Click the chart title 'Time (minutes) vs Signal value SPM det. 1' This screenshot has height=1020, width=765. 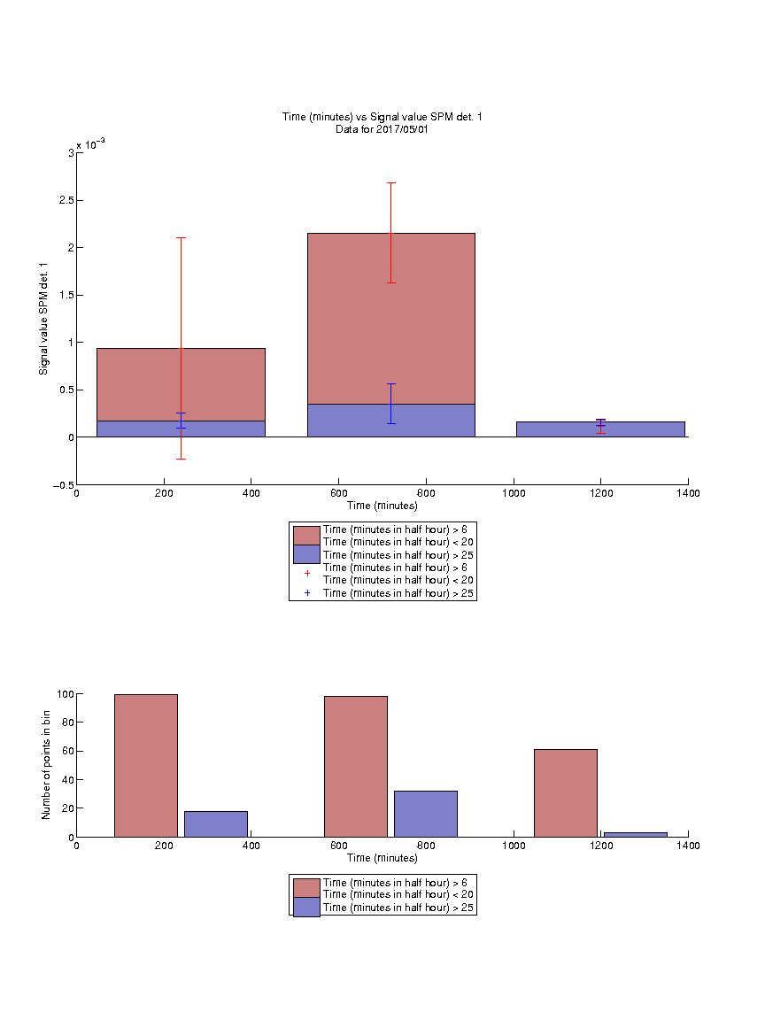(382, 117)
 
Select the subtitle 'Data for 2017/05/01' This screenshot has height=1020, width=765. (382, 129)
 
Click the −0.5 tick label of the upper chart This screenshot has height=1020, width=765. (64, 485)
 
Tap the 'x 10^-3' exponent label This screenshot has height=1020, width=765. (90, 144)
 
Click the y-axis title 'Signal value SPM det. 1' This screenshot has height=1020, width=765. (43, 319)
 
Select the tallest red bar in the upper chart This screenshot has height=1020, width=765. (391, 319)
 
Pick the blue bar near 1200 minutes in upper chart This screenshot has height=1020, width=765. (600, 429)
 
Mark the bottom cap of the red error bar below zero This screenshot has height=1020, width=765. (181, 460)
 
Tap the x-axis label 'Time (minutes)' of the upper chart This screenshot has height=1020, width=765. (382, 506)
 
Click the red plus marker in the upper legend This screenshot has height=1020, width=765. (307, 574)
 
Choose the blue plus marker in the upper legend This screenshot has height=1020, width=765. (307, 593)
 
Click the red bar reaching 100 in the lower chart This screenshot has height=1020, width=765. (146, 766)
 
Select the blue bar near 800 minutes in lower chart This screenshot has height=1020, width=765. (425, 814)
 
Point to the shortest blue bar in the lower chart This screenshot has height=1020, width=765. (636, 835)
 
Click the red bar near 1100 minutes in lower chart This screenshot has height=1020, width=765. (565, 793)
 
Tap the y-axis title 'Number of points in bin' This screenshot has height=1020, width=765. (46, 765)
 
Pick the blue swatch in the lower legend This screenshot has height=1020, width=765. (306, 908)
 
